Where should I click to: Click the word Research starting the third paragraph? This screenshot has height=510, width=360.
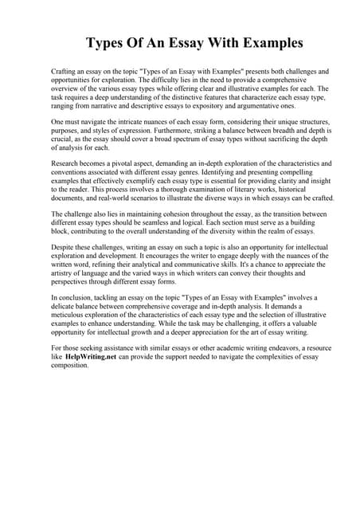pyautogui.click(x=67, y=164)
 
